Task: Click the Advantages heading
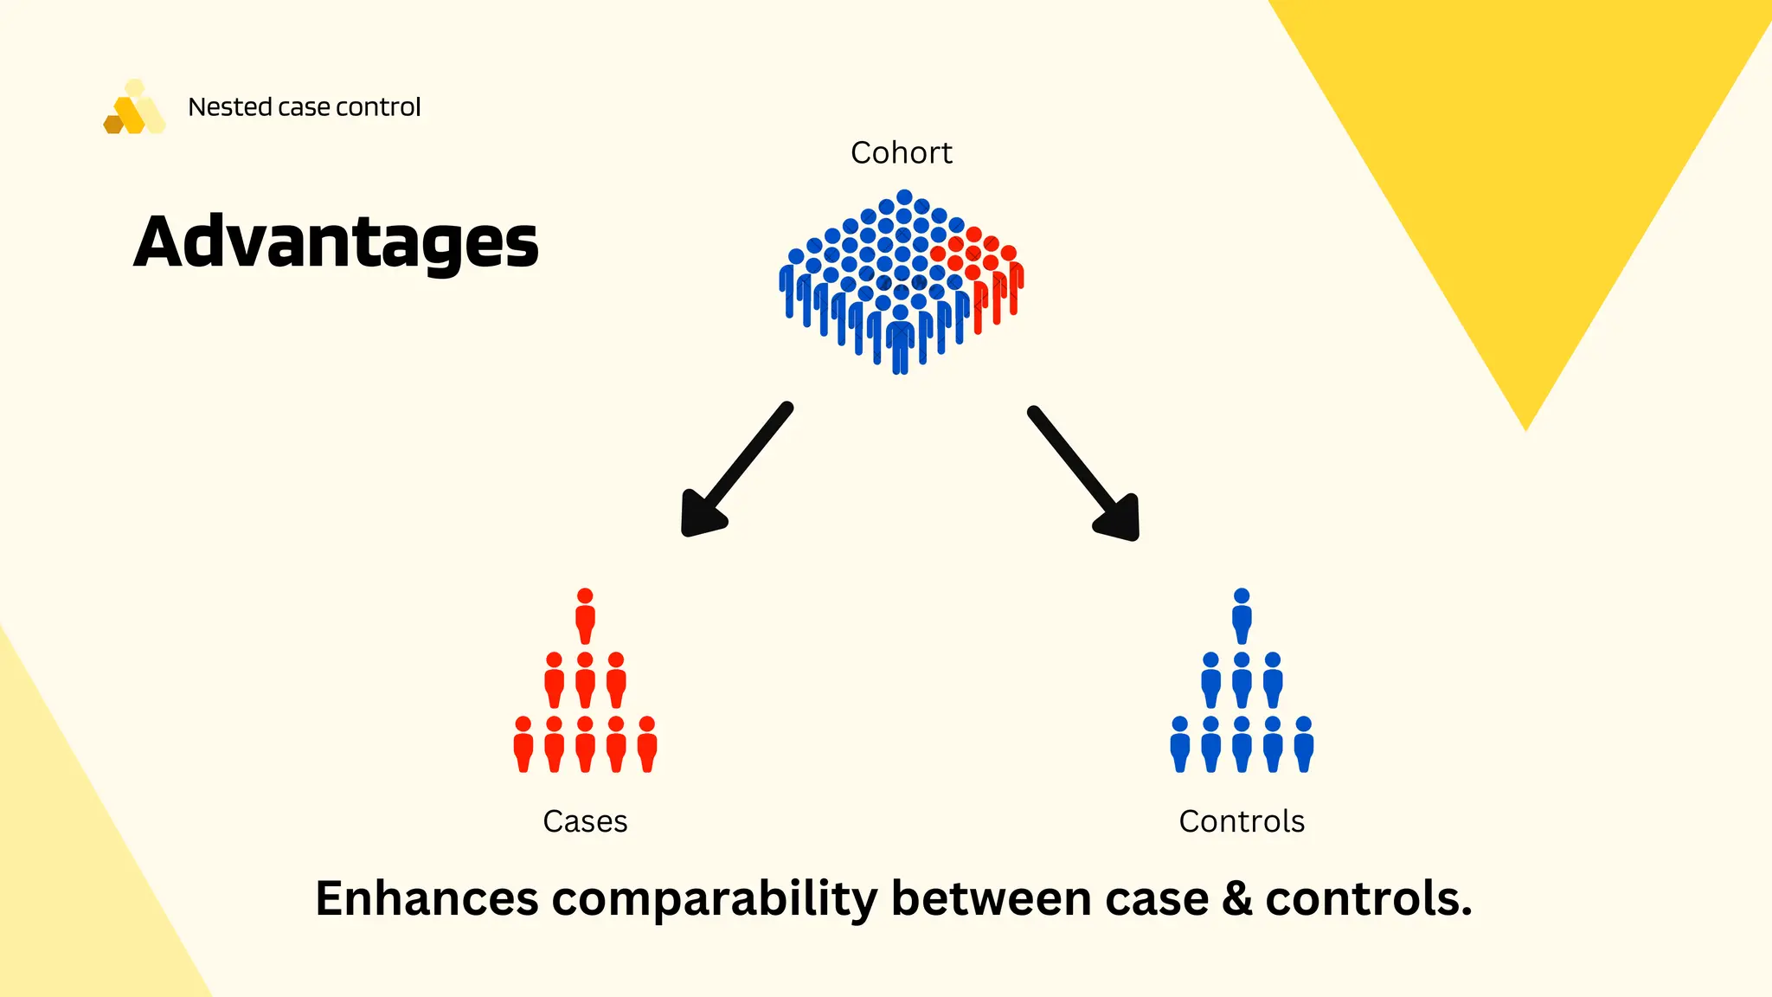coord(336,242)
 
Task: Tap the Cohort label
coord(901,153)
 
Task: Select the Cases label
coord(585,821)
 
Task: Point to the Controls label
coord(1241,821)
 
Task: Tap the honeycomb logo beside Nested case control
coord(134,109)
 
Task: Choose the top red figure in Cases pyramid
coord(585,616)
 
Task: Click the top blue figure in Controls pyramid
coord(1242,616)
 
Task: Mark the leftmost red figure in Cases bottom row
coord(523,744)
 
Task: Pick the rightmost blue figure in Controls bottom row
coord(1303,744)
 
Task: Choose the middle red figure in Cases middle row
coord(585,680)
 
